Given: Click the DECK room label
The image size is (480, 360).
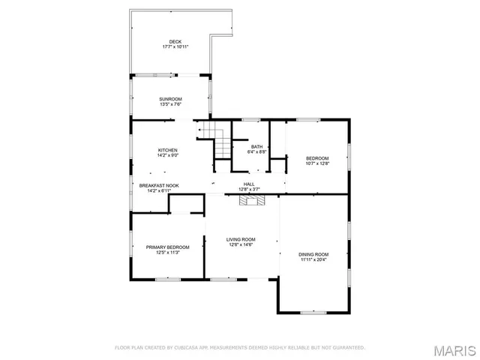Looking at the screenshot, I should [175, 41].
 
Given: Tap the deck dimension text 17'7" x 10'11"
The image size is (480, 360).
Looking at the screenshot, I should [175, 46].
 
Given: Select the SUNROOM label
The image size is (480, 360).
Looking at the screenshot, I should [170, 99].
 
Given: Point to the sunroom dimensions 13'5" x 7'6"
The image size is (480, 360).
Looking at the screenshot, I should [170, 104].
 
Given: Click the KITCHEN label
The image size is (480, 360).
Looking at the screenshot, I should [167, 151].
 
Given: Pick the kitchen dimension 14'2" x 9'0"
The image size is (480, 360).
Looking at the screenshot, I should [167, 156].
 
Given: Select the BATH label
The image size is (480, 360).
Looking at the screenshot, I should [257, 146].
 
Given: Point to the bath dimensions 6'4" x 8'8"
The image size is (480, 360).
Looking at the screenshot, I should [257, 151].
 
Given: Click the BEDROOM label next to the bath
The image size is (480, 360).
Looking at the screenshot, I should [317, 157].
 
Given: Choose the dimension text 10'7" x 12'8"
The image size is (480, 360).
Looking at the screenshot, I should [317, 163].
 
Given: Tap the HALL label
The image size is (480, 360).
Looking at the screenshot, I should [249, 184].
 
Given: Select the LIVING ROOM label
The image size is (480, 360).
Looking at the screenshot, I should [241, 239].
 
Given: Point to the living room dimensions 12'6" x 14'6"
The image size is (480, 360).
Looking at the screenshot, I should [241, 244].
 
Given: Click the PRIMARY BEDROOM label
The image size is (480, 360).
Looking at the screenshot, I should [167, 247].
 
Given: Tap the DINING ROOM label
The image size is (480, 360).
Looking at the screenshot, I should [314, 254].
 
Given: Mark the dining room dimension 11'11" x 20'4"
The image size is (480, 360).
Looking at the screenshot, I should [314, 259].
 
